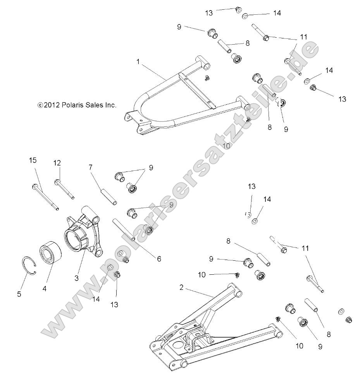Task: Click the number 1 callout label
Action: point(138,61)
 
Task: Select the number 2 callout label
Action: point(181,287)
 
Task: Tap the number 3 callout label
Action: point(77,278)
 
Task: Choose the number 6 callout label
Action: point(159,259)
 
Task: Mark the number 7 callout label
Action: point(91,167)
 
